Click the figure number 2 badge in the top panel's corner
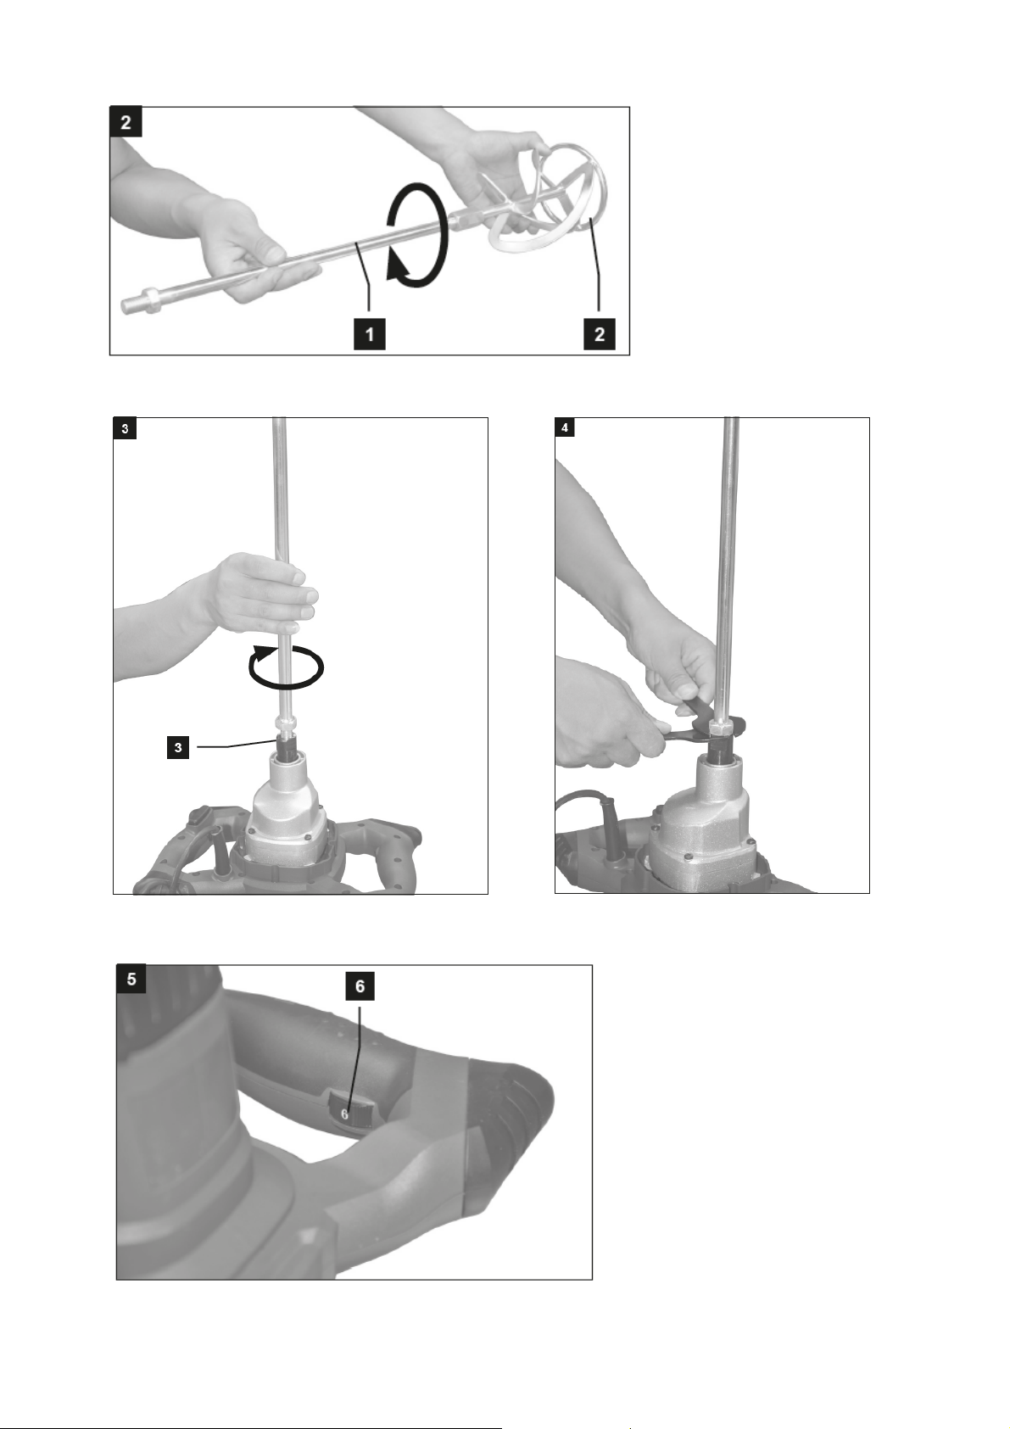[x=126, y=122]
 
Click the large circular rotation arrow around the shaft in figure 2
[x=416, y=235]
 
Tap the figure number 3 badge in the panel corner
[x=125, y=428]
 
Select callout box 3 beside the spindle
[x=178, y=748]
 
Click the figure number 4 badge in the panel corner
[x=565, y=427]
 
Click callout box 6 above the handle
[x=360, y=986]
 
